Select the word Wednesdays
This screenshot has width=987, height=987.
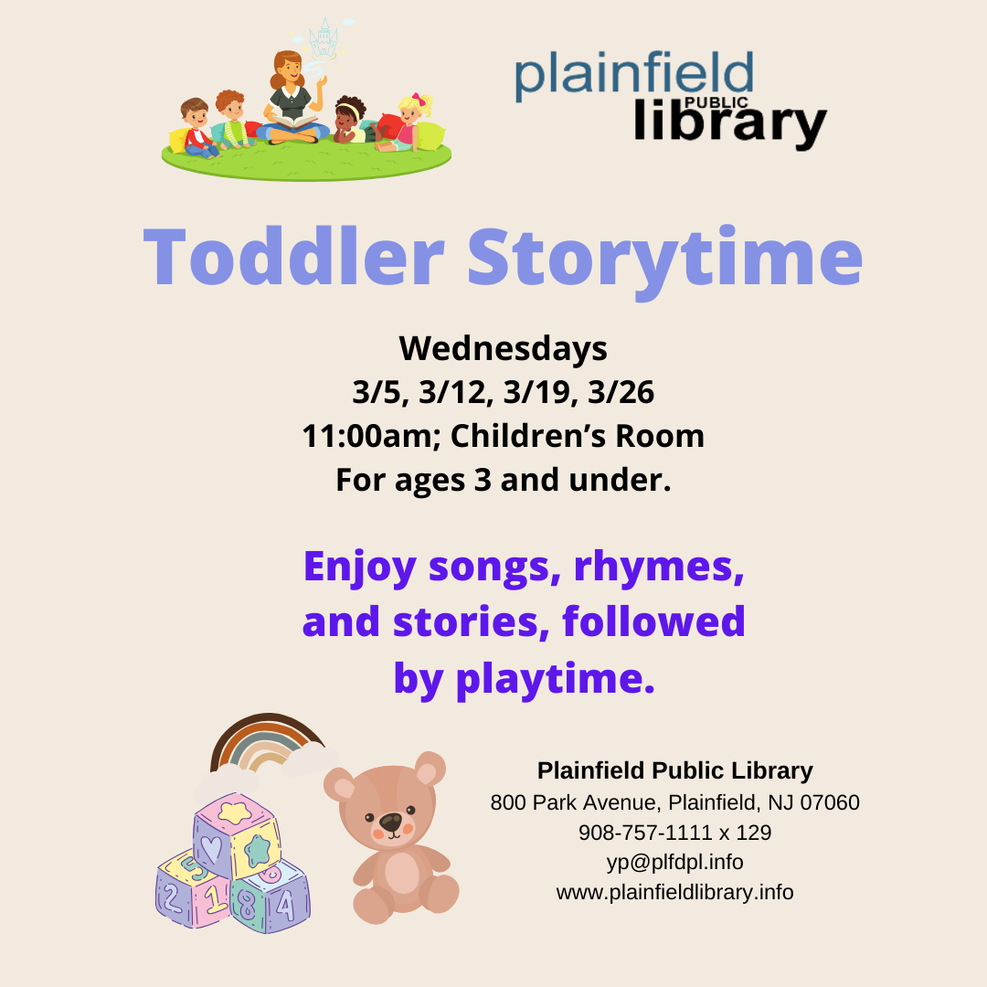click(x=503, y=348)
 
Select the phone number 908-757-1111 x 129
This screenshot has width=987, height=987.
click(x=674, y=833)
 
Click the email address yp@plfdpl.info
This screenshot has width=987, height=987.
click(x=674, y=862)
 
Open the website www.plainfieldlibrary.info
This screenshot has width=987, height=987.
click(x=674, y=891)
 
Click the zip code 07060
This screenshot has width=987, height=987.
click(x=829, y=803)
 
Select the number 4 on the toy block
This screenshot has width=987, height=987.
click(x=285, y=905)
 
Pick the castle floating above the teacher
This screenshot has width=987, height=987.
click(x=323, y=38)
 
